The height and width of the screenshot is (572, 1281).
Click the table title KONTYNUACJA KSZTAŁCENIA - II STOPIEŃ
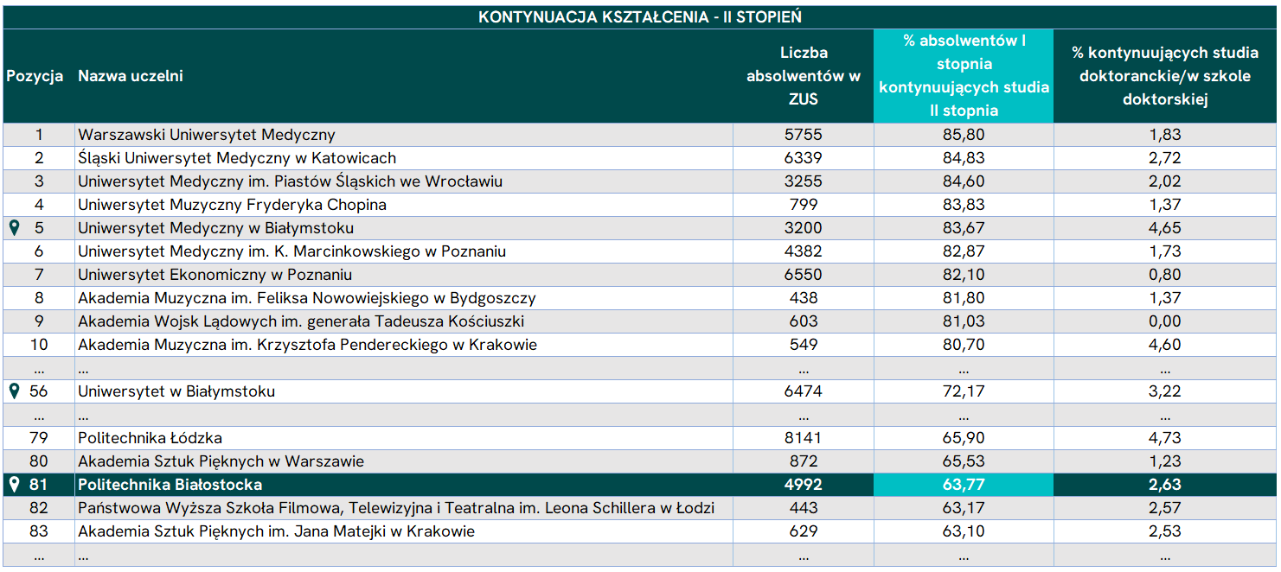[x=640, y=17]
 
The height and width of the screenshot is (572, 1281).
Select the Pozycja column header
[x=35, y=76]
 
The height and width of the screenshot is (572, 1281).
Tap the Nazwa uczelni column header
[x=131, y=76]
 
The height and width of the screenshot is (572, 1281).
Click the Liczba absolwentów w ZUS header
[x=804, y=76]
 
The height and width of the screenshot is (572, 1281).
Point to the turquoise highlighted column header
[x=964, y=76]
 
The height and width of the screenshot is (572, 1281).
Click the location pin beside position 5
[x=15, y=228]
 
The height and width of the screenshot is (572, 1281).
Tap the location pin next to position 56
[x=15, y=391]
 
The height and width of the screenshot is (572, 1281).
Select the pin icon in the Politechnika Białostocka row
[x=15, y=485]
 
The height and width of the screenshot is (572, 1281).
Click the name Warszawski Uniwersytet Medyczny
[x=207, y=135]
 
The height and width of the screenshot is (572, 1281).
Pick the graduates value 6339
[x=803, y=158]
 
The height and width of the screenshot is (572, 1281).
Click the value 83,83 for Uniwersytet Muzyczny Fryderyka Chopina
[x=964, y=205]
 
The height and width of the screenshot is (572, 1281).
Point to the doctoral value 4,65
[x=1165, y=228]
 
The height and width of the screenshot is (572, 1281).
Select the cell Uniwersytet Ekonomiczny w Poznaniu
[x=215, y=275]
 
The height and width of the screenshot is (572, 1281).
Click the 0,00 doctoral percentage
[x=1165, y=321]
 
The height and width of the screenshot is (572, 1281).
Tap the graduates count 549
[x=804, y=345]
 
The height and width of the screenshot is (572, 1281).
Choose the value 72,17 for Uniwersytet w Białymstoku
[x=964, y=391]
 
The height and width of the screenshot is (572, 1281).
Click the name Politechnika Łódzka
[x=150, y=438]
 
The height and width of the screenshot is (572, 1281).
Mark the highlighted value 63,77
[x=964, y=485]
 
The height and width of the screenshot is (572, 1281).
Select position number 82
[x=39, y=508]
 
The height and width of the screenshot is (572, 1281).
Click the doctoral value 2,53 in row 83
[x=1165, y=531]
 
